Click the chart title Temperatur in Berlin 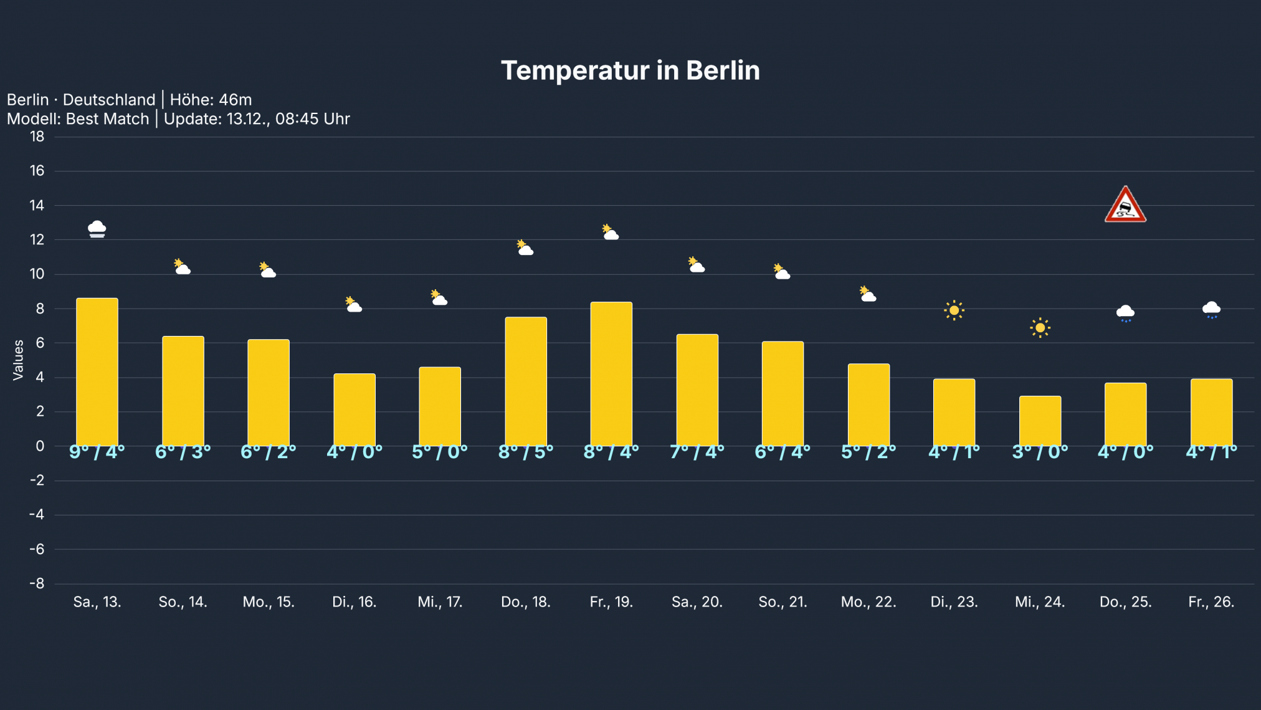click(x=630, y=70)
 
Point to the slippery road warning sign click(x=1125, y=205)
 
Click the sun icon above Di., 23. click(x=954, y=310)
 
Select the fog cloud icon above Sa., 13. click(x=97, y=229)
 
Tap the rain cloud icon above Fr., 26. click(x=1211, y=309)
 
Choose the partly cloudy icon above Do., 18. click(x=525, y=248)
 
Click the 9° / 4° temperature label click(x=97, y=452)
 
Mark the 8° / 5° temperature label click(x=526, y=452)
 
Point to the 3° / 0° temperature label click(x=1040, y=452)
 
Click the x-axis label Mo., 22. click(x=868, y=602)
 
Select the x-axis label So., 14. click(x=183, y=602)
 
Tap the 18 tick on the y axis click(x=37, y=137)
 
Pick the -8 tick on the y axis click(x=37, y=583)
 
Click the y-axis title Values click(x=18, y=360)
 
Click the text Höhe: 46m click(x=211, y=100)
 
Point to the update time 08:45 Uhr click(x=312, y=119)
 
